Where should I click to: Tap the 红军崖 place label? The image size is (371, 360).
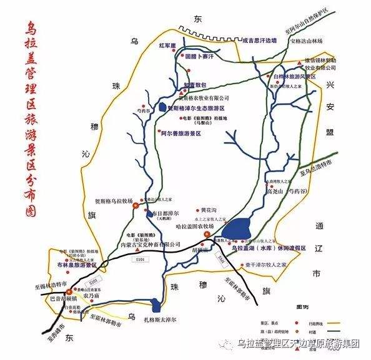pyautogui.click(x=169, y=46)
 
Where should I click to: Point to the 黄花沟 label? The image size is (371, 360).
pyautogui.click(x=209, y=210)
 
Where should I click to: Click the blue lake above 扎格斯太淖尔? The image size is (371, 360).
pyautogui.click(x=156, y=306)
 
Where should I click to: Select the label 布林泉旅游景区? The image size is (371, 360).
pyautogui.click(x=83, y=265)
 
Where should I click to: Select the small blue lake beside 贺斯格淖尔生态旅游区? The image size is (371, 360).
pyautogui.click(x=162, y=107)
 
